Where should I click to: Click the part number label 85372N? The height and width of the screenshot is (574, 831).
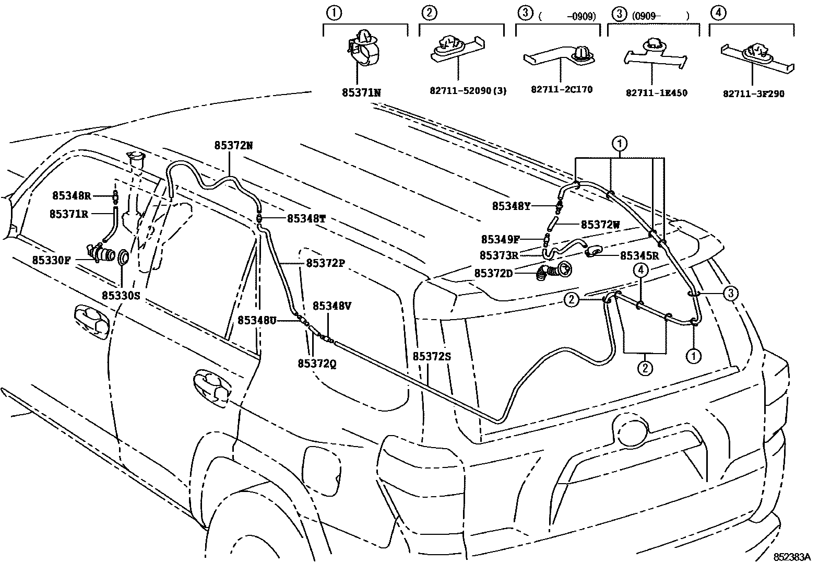233,146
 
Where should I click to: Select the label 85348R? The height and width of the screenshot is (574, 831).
72,196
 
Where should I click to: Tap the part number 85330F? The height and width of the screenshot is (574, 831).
51,260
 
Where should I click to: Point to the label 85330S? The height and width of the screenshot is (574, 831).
121,295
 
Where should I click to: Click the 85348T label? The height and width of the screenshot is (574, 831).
306,219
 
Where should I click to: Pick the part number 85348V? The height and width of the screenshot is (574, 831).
332,306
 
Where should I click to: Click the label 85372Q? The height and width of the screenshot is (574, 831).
317,364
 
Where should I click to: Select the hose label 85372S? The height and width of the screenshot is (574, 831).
432,357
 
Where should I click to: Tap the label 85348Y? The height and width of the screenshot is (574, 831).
511,206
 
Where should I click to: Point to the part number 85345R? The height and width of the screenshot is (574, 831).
639,256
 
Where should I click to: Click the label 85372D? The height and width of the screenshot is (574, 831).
493,273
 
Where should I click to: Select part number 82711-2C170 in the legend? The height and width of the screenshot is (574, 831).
562,89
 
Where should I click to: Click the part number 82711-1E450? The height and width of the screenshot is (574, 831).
657,93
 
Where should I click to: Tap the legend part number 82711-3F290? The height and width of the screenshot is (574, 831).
753,94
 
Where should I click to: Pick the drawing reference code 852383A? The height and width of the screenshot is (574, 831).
792,557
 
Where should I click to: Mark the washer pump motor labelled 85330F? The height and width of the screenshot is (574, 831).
101,254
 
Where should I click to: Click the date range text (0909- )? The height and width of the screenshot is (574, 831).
660,16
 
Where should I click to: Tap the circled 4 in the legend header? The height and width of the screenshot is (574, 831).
718,13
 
